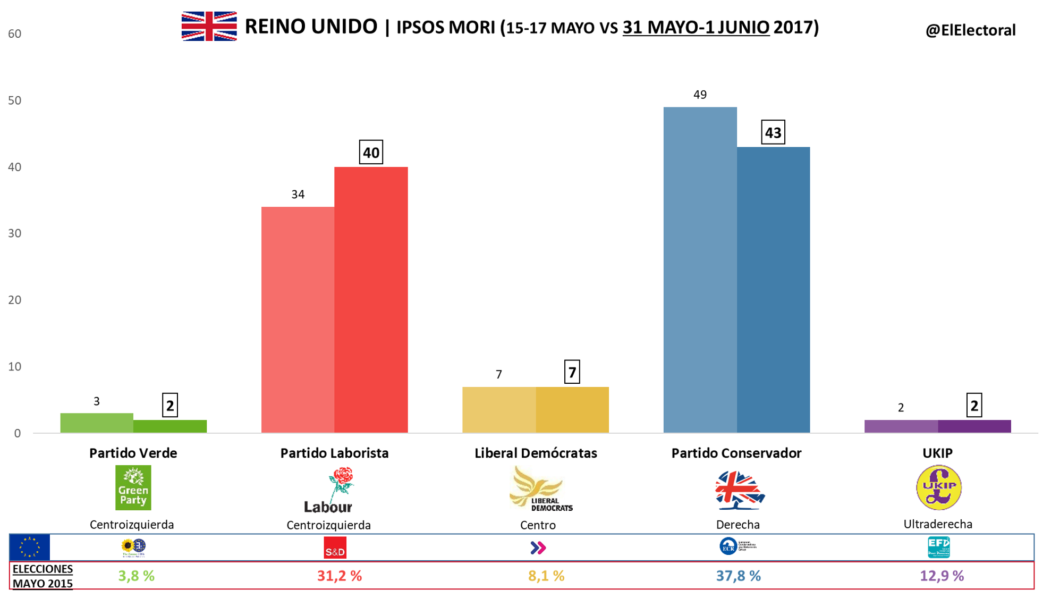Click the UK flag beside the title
(x=209, y=26)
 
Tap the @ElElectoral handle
(x=970, y=30)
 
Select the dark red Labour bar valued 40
(x=371, y=299)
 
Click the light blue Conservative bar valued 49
(x=700, y=269)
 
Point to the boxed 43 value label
(x=773, y=132)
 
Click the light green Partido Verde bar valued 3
(x=97, y=423)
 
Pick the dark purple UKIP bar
(x=974, y=426)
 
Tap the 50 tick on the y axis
(x=15, y=100)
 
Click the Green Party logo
(x=133, y=487)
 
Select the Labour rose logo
(x=329, y=490)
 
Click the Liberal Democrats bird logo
(x=538, y=489)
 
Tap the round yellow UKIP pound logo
(x=938, y=487)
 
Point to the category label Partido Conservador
(x=736, y=453)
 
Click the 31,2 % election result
(x=339, y=576)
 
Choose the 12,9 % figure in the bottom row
(x=942, y=576)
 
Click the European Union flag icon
(x=30, y=547)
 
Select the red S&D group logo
(x=335, y=548)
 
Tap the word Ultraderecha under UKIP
(x=938, y=524)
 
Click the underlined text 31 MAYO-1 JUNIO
(x=696, y=27)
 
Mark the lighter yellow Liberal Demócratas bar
(x=498, y=409)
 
